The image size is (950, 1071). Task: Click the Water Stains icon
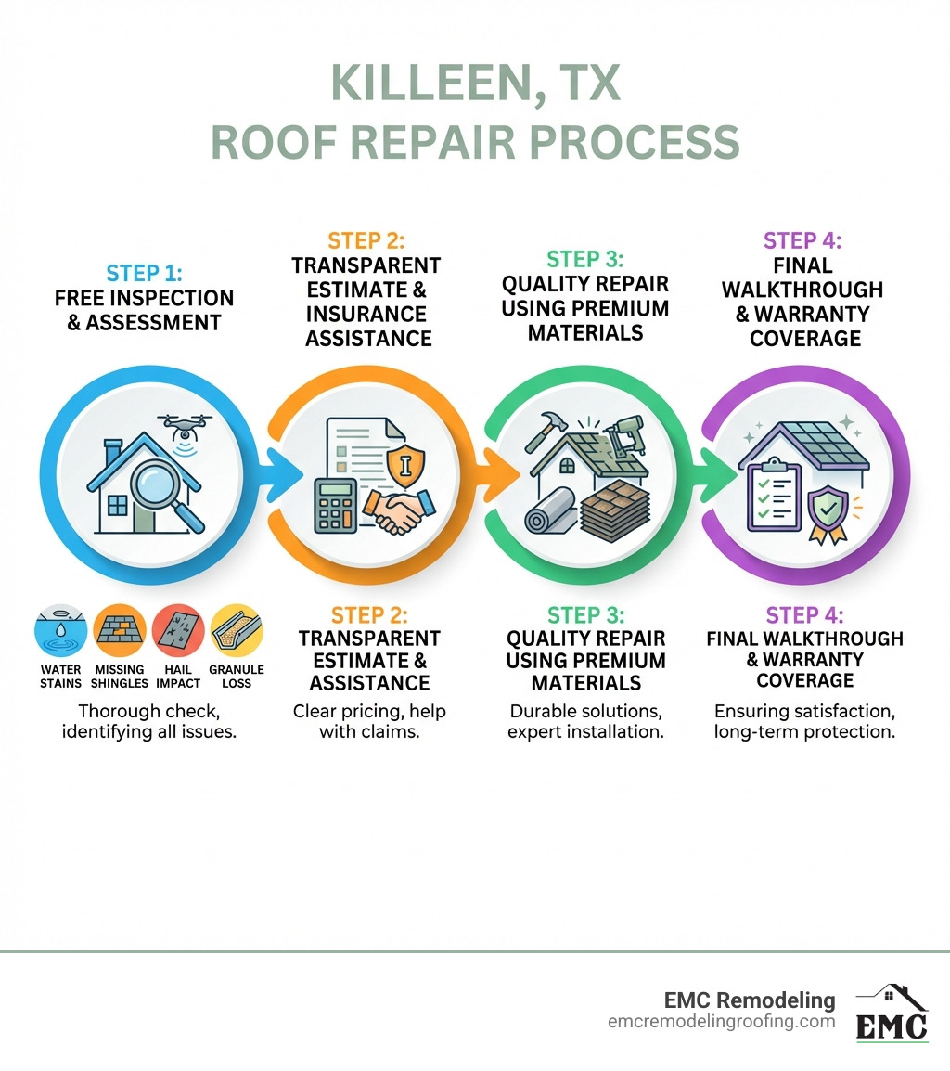point(60,631)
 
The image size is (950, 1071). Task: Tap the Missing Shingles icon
point(119,631)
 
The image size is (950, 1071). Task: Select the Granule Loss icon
point(237,631)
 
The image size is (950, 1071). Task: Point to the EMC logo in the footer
point(892,1013)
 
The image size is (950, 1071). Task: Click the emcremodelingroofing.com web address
point(722,1022)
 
